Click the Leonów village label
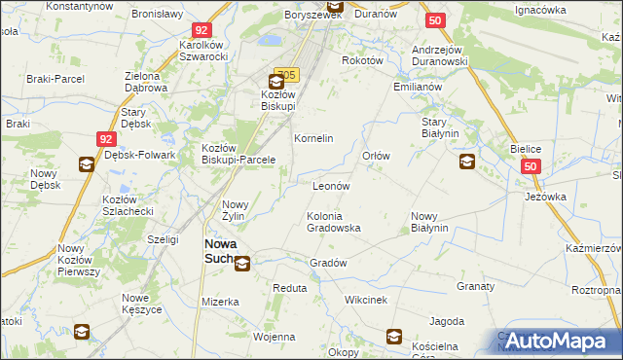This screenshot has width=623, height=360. coord(331,185)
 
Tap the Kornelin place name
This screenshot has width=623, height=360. coord(313,138)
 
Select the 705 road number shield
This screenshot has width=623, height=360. coord(286,74)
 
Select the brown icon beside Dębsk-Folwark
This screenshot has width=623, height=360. coord(85,164)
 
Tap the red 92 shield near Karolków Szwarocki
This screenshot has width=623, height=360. coord(202,31)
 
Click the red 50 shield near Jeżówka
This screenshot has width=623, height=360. coord(530,167)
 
